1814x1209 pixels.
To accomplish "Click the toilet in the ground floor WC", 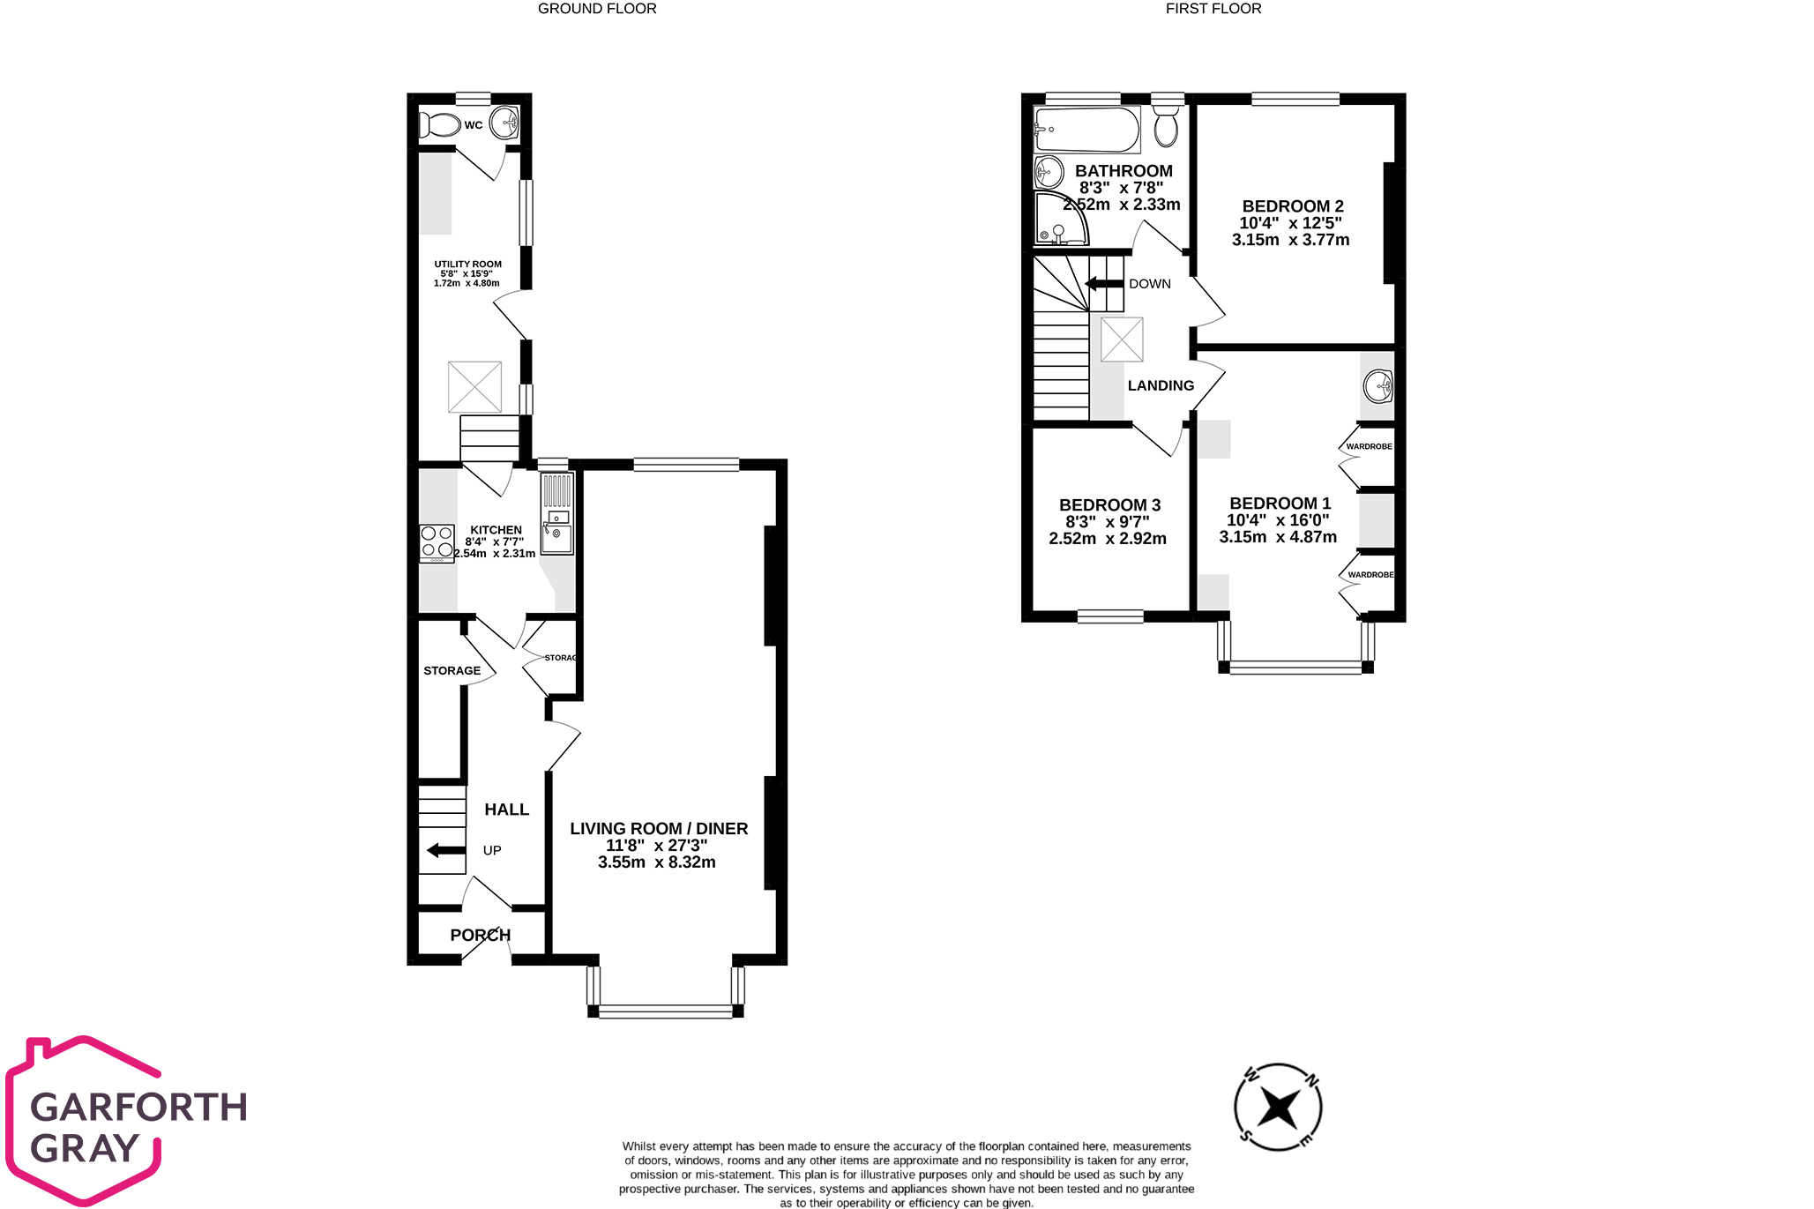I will coord(441,125).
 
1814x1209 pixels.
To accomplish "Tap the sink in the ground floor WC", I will coord(505,123).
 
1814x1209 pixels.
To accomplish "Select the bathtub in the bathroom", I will coord(1086,130).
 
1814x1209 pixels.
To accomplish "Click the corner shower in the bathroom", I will coord(1060,220).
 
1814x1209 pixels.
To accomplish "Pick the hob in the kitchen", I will coord(437,543).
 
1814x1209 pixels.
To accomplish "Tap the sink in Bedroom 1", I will coord(1377,385).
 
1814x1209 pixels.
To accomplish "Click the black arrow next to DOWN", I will coord(1103,284).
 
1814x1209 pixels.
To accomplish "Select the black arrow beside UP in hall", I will coord(446,850).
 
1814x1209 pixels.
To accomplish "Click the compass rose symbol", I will coord(1278,1107).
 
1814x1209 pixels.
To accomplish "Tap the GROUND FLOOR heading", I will coord(597,9).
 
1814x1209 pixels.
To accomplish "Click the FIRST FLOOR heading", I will coord(1213,9).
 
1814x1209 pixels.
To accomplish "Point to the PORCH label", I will coord(480,935).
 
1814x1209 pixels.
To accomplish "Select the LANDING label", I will coord(1161,385).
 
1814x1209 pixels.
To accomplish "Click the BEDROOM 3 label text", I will coord(1109,505).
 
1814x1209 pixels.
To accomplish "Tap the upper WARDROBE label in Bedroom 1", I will coord(1369,446).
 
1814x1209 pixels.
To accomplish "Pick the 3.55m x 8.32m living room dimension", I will coord(657,862).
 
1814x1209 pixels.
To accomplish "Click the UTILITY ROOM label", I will coord(467,264).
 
